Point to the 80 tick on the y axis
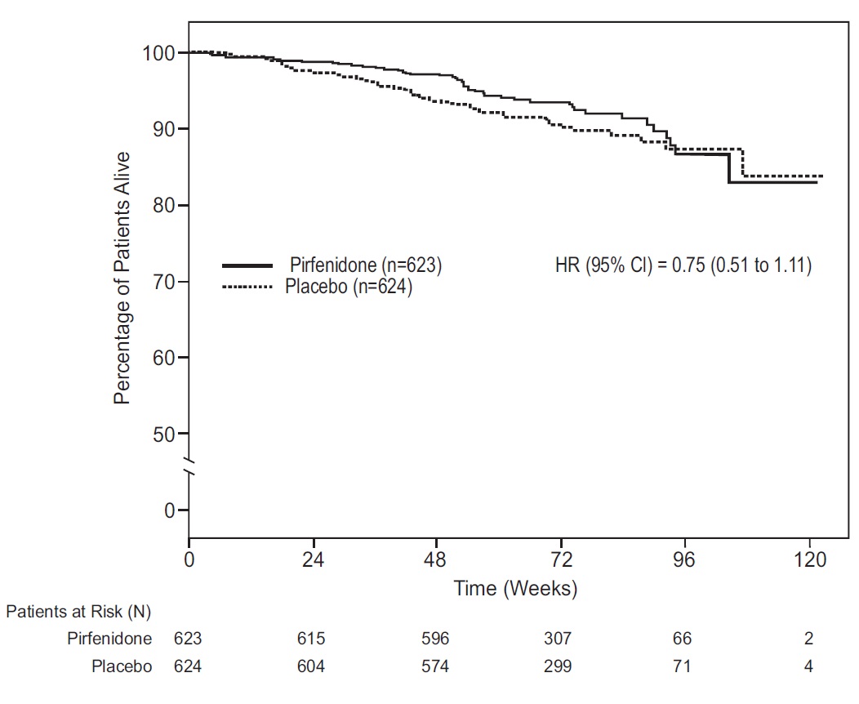click(x=164, y=205)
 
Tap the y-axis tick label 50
click(x=164, y=434)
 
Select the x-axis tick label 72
click(x=561, y=560)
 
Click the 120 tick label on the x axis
click(x=808, y=560)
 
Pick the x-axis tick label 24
click(x=313, y=560)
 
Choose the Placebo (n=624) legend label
click(x=349, y=287)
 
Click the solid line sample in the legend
click(x=248, y=265)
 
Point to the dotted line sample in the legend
click(x=248, y=287)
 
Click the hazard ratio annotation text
click(x=683, y=265)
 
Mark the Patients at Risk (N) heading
click(x=78, y=611)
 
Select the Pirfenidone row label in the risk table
click(x=109, y=639)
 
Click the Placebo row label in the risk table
click(x=122, y=666)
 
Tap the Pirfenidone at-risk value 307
click(x=559, y=639)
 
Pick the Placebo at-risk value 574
click(x=434, y=666)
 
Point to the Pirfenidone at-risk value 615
click(x=310, y=639)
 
